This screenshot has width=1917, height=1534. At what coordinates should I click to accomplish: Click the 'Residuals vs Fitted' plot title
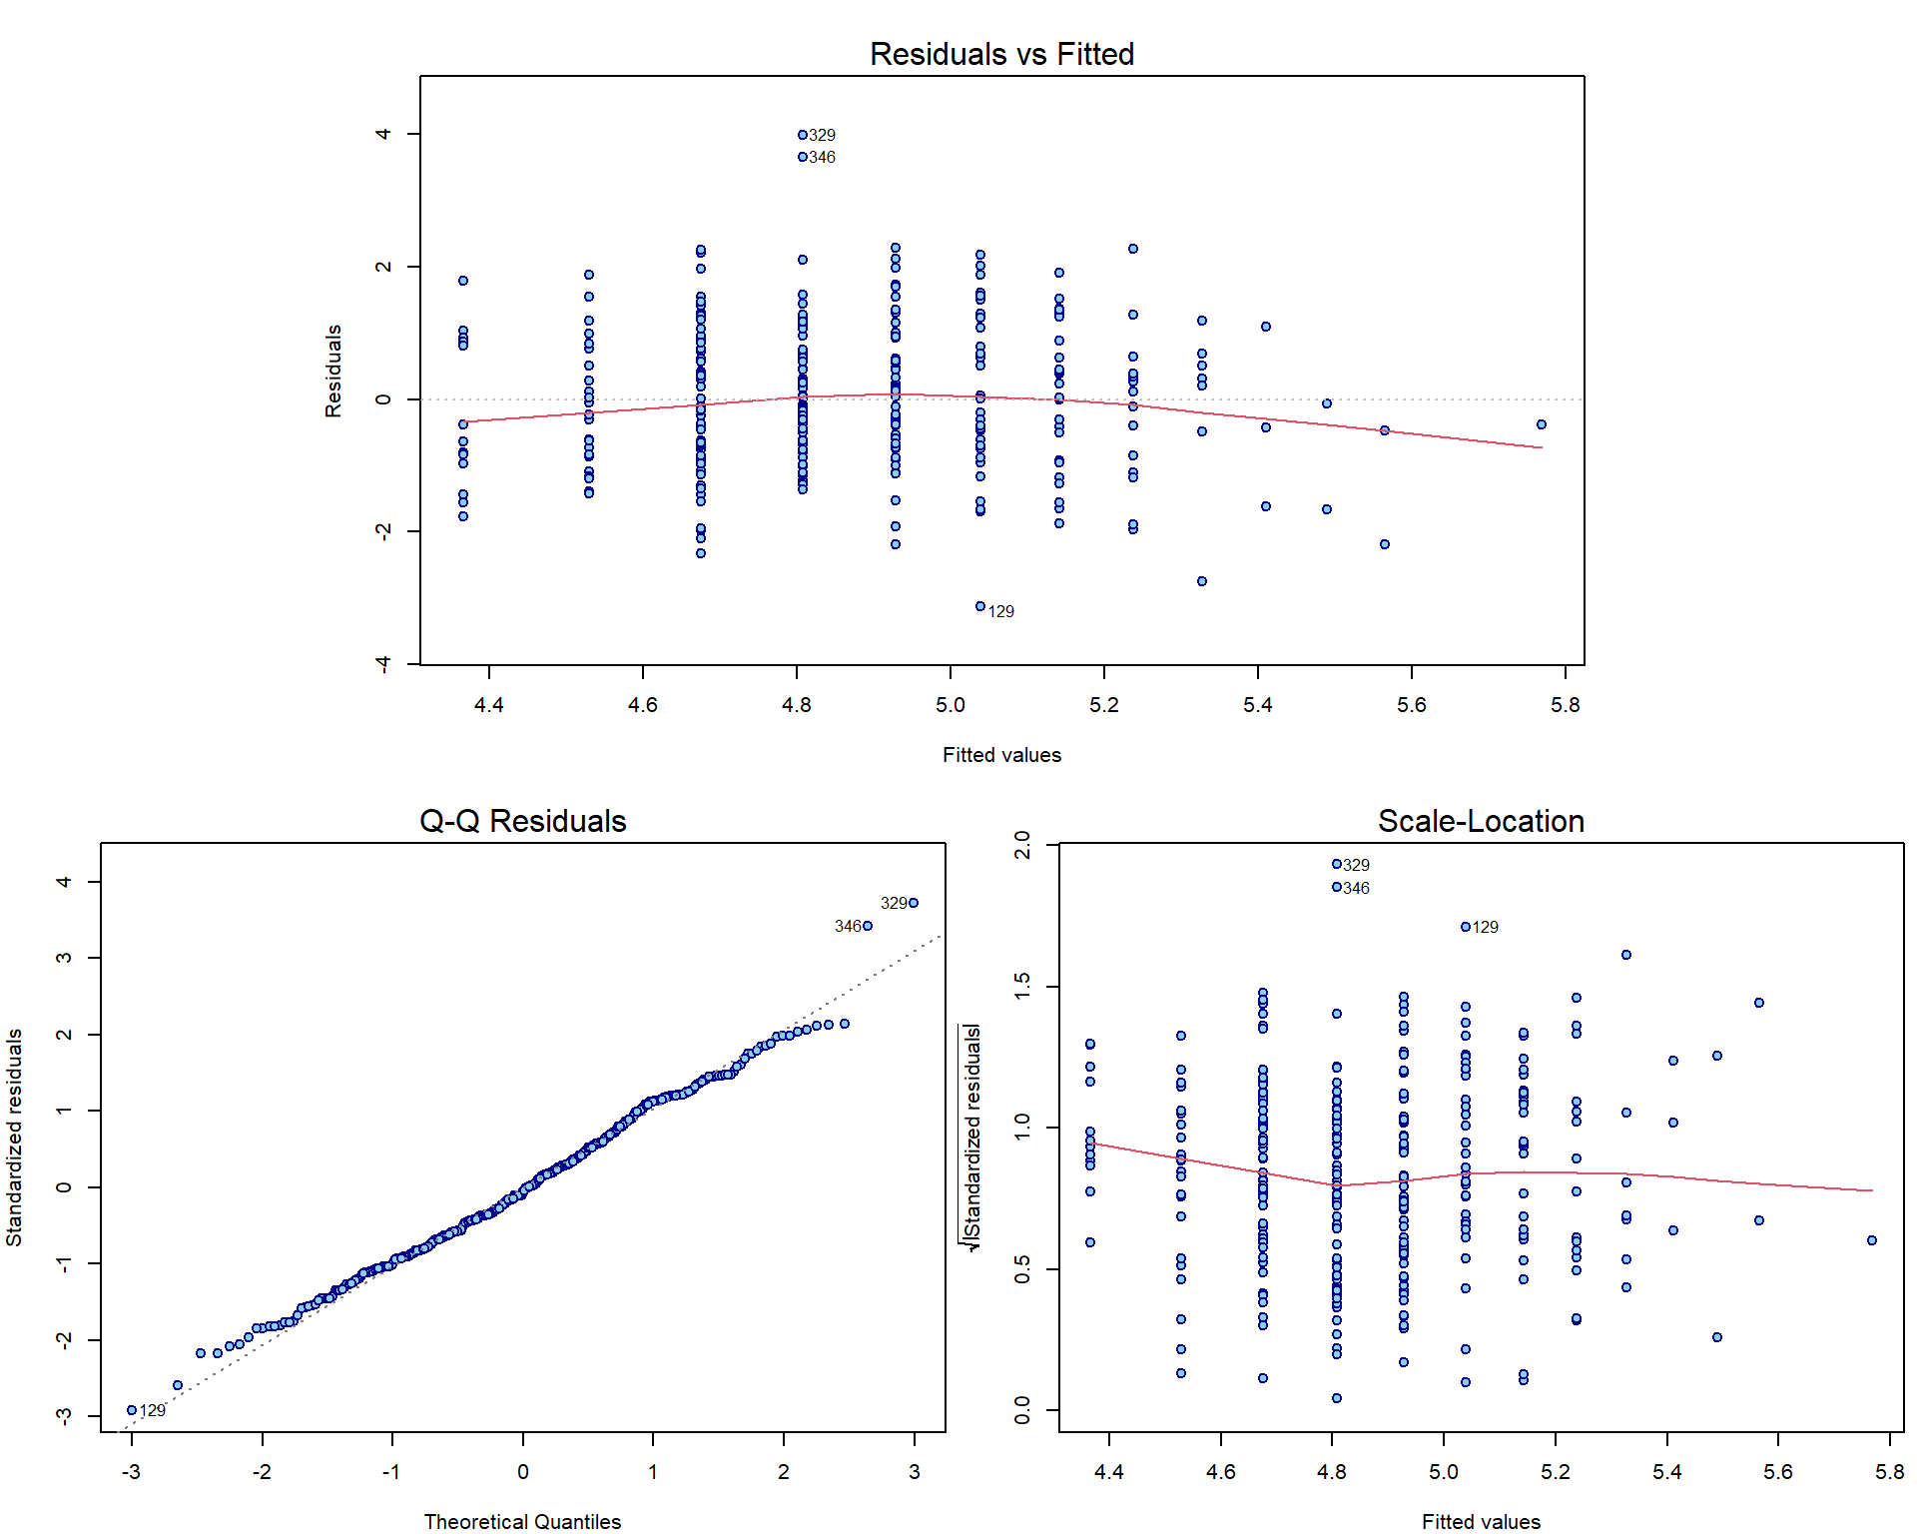coord(1001,54)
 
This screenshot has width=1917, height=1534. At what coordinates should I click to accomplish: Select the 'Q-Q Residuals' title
coord(522,821)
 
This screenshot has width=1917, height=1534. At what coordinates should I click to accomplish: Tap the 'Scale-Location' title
coord(1481,821)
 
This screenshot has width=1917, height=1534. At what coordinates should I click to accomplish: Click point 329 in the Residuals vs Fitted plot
coord(803,135)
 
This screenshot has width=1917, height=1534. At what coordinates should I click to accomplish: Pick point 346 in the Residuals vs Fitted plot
coord(803,157)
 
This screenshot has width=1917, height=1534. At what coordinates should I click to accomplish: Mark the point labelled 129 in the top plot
coord(980,606)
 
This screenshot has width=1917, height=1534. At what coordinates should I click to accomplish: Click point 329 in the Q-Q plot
coord(914,903)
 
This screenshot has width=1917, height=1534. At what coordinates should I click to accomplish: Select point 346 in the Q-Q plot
coord(868,926)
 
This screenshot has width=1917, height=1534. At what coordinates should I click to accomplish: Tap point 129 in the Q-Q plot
coord(132,1410)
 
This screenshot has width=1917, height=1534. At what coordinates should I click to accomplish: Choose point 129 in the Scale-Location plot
coord(1466,927)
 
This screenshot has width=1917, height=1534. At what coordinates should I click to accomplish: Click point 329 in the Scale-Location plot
coord(1337,864)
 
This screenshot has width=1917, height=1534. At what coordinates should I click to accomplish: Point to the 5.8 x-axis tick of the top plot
coord(1566,705)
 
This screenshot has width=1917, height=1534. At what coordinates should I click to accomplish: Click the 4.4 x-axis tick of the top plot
coord(489,705)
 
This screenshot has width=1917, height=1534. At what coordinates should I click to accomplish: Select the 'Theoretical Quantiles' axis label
coord(522,1521)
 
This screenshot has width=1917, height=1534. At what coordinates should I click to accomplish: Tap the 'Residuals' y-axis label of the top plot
coord(333,371)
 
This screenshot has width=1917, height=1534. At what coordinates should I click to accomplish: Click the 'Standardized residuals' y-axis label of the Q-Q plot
coord(14,1138)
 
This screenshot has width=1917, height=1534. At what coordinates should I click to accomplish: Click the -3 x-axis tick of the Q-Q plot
coord(132,1472)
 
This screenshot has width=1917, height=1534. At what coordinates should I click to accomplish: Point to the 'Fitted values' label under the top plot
coord(1001,755)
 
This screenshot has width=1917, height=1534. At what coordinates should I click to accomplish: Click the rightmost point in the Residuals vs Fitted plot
coord(1542,424)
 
